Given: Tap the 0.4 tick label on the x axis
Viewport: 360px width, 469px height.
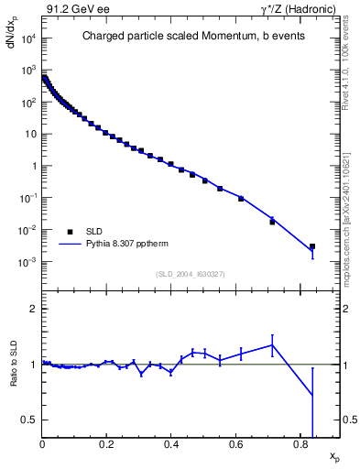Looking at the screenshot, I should (x=171, y=446).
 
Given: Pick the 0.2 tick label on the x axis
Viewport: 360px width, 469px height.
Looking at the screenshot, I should (x=107, y=446).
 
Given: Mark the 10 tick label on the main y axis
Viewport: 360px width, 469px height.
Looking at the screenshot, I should (x=32, y=135).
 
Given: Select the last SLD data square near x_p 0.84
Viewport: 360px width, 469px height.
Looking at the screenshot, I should (x=312, y=246).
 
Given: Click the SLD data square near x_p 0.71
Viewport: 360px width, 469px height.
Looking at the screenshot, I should (x=272, y=222).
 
